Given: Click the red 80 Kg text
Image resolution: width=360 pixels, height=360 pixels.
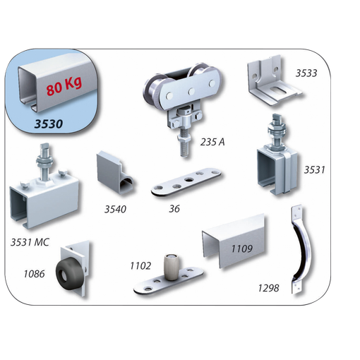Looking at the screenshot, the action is (x=64, y=86).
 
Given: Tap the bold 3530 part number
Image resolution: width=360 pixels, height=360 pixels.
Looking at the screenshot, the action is (x=49, y=124).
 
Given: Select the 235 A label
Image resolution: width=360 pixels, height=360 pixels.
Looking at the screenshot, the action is (x=212, y=142).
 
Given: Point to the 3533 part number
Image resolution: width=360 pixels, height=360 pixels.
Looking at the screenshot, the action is (x=306, y=73).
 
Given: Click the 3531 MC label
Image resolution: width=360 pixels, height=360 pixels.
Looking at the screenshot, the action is (x=30, y=242).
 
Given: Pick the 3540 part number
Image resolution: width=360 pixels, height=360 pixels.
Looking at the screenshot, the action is (x=115, y=209).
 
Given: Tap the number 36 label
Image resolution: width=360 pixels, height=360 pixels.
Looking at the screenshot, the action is (x=174, y=208).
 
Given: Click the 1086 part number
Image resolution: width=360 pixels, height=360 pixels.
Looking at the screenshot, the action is (x=34, y=274).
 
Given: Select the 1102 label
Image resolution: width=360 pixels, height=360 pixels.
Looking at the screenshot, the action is (x=140, y=266).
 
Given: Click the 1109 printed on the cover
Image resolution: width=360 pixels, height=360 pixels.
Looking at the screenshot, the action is (x=242, y=248).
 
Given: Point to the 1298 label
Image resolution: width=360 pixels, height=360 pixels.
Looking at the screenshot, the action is (x=268, y=288).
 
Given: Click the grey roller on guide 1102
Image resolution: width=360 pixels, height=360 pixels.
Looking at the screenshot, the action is (x=173, y=267).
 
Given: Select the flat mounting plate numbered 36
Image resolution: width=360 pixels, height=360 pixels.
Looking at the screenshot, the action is (x=186, y=181).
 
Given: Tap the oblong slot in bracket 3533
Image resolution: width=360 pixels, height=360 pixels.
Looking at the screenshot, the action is (x=280, y=91).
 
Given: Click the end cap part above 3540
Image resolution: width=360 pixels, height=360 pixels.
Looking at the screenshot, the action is (x=114, y=173).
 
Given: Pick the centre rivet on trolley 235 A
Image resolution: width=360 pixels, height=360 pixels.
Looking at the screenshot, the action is (x=191, y=91).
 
